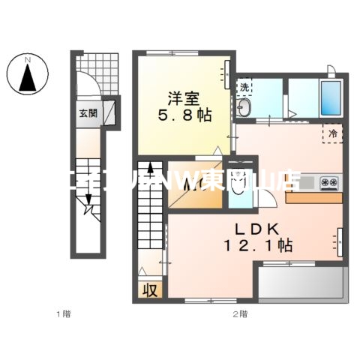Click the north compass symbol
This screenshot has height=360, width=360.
tap(28, 73)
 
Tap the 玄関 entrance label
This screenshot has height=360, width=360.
tap(88, 114)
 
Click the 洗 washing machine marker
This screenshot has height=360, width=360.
tap(245, 87)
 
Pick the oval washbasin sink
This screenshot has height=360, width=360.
tap(246, 110)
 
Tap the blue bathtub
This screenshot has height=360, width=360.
tap(330, 98)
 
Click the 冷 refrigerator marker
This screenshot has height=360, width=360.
tap(333, 133)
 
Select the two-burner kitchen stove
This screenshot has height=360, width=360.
tap(329, 181)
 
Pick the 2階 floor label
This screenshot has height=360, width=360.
tap(238, 313)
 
